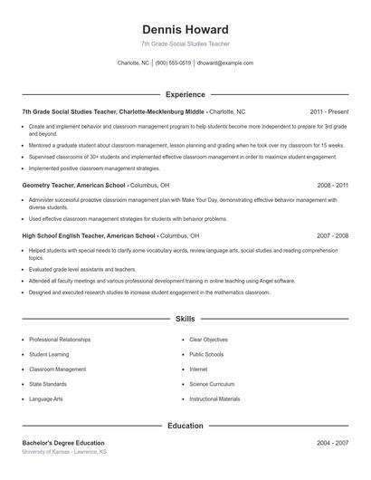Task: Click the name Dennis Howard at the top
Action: [x=185, y=29]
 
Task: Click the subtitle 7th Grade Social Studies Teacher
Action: [x=185, y=43]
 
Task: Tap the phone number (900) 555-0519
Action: [x=173, y=63]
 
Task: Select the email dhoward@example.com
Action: [x=224, y=63]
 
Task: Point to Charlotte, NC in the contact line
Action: [x=133, y=63]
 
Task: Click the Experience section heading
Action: [x=185, y=94]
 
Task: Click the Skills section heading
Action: [x=185, y=319]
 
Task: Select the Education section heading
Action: [x=185, y=425]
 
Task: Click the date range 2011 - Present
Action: [x=328, y=111]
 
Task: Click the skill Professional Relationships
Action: [x=60, y=340]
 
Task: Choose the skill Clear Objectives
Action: [x=208, y=340]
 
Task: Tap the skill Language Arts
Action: [x=46, y=399]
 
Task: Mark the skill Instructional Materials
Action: [x=214, y=399]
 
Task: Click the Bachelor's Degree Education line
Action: [x=62, y=443]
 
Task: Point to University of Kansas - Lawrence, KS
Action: [x=64, y=451]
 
